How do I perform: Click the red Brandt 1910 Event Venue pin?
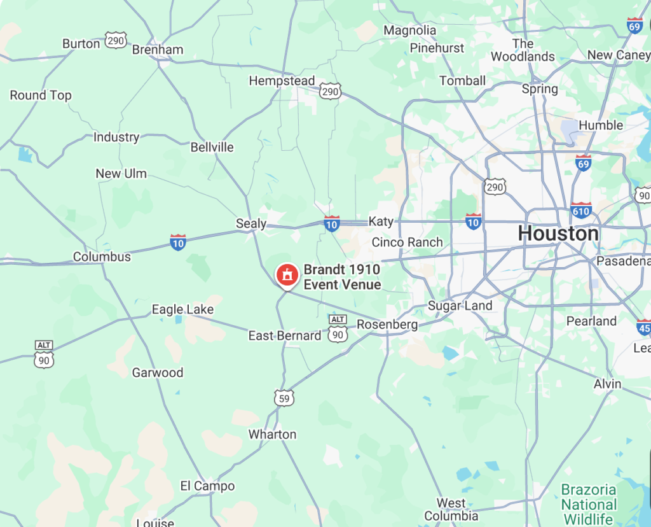point(287,275)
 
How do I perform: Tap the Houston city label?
point(558,234)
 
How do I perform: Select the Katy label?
point(381,221)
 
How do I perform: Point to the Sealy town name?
point(250,223)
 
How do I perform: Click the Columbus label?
point(102,257)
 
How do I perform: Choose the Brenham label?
point(158,50)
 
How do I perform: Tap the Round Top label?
point(41,95)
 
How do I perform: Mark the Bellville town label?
point(212,148)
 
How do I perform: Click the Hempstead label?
point(282,81)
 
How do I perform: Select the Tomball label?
point(462,81)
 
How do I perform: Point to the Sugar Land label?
point(460,306)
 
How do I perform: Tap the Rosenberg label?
point(387,325)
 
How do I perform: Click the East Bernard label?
point(285,335)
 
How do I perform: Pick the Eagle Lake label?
point(182,310)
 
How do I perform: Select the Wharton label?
point(272,434)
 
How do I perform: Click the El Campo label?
point(207,486)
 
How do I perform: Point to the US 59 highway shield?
point(284,398)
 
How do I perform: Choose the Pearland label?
point(591,321)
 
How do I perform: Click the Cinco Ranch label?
point(407,242)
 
